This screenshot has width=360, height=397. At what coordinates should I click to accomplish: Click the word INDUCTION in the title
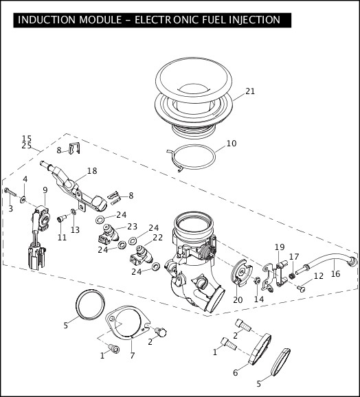(x=46, y=19)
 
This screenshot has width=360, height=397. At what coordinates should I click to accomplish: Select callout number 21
(x=249, y=91)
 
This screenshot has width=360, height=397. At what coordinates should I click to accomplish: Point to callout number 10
(x=232, y=144)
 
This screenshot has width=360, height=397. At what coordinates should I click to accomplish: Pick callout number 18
(x=92, y=170)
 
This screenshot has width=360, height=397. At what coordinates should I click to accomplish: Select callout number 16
(x=335, y=273)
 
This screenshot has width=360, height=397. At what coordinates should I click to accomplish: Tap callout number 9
(x=45, y=190)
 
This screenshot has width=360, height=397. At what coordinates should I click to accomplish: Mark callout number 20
(x=238, y=299)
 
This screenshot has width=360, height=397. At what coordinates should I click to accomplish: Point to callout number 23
(x=132, y=226)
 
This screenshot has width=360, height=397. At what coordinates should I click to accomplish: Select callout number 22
(x=157, y=238)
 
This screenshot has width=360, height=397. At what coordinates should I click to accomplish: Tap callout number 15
(x=27, y=138)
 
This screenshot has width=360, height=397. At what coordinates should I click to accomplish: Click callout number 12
(x=318, y=276)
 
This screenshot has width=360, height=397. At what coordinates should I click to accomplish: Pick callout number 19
(x=279, y=247)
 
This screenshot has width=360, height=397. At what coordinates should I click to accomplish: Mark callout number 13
(x=76, y=229)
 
